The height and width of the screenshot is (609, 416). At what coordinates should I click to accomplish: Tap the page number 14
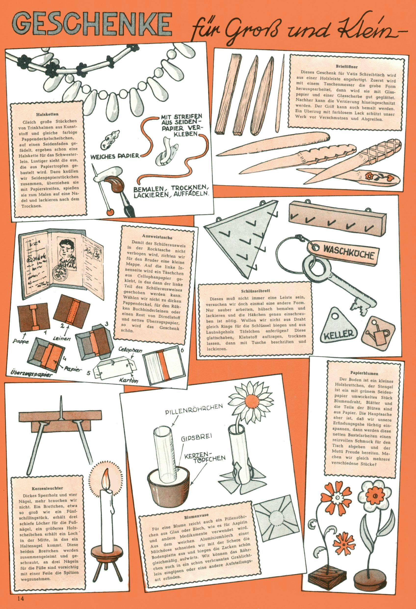tap(21, 598)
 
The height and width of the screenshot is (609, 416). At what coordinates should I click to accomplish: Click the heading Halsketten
tap(47, 114)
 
